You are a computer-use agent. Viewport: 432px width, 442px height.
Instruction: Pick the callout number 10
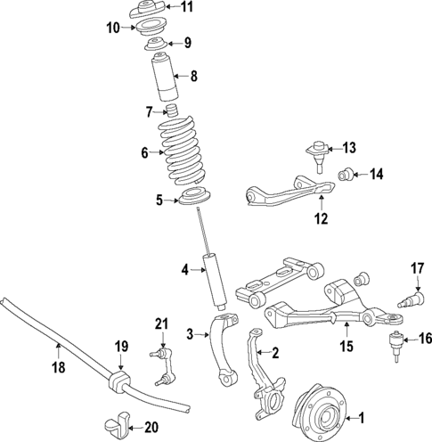pos(113,28)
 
